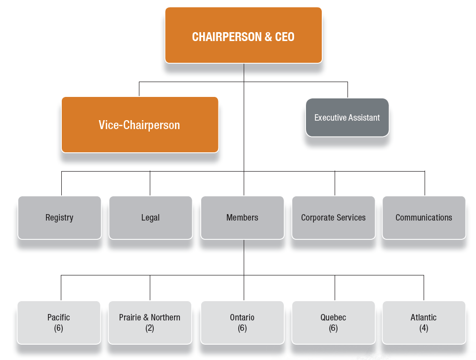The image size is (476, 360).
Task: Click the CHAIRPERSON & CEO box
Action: point(243,35)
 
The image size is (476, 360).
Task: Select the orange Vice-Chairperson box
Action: point(140,125)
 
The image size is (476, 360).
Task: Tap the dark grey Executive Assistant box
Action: point(347,118)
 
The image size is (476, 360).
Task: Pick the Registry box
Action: point(59,218)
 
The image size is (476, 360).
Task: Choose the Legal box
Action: point(150,218)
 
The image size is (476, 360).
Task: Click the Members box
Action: point(242,218)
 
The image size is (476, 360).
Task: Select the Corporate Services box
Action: point(333,218)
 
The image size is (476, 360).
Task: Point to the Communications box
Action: point(424,218)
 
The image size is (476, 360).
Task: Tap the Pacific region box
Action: point(59,322)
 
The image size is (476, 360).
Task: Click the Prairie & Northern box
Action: point(150,322)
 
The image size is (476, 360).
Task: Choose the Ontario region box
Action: point(242,322)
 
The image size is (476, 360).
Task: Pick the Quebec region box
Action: point(333,322)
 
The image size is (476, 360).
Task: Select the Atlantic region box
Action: point(424,322)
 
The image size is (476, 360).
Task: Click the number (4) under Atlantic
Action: point(424,328)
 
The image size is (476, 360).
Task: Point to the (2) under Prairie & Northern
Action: point(150,328)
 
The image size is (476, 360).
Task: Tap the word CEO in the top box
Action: point(284,37)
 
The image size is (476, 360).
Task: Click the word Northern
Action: point(166,317)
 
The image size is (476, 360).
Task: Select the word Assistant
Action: point(363,118)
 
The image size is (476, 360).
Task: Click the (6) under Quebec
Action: point(333,328)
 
